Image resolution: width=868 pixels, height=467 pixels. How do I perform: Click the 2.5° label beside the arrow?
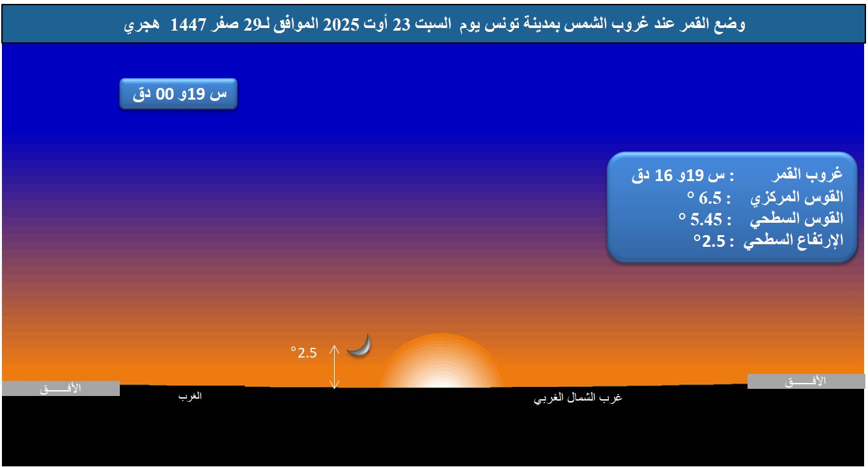point(304,352)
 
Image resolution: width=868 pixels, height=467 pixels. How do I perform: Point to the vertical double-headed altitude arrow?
point(334,367)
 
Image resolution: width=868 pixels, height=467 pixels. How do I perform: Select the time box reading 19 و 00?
point(178,94)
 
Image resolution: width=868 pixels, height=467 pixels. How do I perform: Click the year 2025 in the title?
point(341,24)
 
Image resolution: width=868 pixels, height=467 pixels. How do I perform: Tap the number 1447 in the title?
point(188,24)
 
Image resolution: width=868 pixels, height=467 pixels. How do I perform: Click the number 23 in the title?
point(402,24)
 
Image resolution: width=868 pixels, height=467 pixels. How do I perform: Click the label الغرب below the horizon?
point(190,396)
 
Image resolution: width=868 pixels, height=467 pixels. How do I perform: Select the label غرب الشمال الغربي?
point(578,397)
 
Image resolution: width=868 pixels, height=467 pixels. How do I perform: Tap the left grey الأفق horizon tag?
point(61,388)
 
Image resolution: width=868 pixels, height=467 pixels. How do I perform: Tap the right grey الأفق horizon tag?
point(806,382)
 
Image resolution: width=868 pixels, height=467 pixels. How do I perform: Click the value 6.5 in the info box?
point(710,198)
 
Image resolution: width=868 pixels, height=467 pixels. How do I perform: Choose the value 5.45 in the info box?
point(706,219)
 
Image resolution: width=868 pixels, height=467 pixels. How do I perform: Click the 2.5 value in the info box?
point(714,241)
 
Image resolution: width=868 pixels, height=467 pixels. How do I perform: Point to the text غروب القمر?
point(807,174)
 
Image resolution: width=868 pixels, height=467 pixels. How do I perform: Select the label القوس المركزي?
point(797,197)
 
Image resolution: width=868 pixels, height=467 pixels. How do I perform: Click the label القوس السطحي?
point(797,219)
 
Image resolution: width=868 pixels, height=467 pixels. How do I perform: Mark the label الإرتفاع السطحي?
point(793,240)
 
